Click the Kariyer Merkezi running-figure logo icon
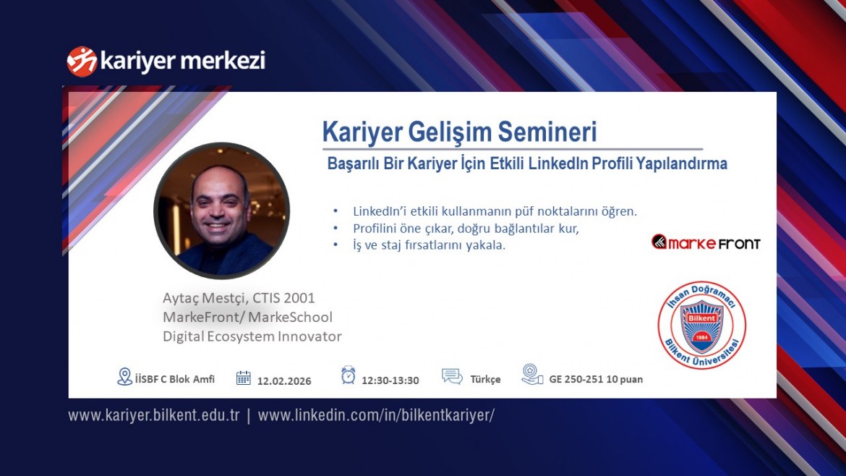[x=82, y=61]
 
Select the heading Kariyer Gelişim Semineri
[x=459, y=132]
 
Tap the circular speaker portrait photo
[x=222, y=211]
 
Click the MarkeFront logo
[x=706, y=242]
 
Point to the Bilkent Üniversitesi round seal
[x=701, y=325]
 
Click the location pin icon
[x=124, y=376]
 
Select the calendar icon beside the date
[x=243, y=378]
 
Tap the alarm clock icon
[x=349, y=375]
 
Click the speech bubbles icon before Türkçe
[x=452, y=377]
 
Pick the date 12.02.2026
[x=284, y=381]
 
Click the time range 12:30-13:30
[x=390, y=381]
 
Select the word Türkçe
[x=485, y=380]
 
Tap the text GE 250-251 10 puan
[x=596, y=379]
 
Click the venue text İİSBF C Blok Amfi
[x=174, y=379]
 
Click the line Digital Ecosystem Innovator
[x=252, y=336]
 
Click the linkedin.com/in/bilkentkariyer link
[x=376, y=415]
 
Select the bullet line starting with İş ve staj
[x=429, y=245]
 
